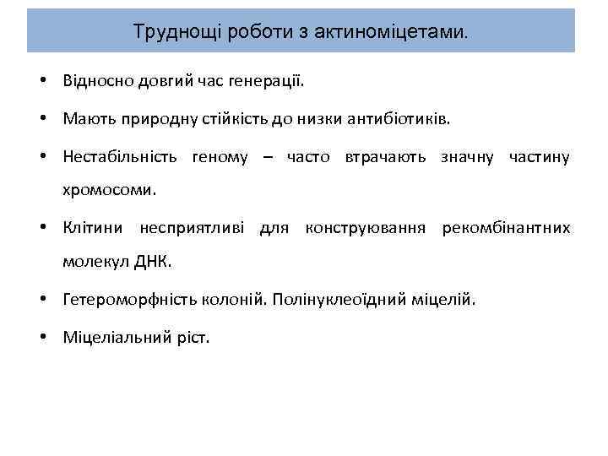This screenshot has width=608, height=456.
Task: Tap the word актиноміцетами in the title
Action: click(388, 32)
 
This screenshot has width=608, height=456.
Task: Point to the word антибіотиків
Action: click(399, 120)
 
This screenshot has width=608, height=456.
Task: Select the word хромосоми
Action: click(109, 190)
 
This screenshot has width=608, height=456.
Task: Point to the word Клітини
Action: click(92, 228)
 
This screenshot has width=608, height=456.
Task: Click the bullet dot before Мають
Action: click(41, 120)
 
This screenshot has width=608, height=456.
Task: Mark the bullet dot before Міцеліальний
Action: click(41, 337)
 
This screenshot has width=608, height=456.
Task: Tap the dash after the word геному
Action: click(267, 157)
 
